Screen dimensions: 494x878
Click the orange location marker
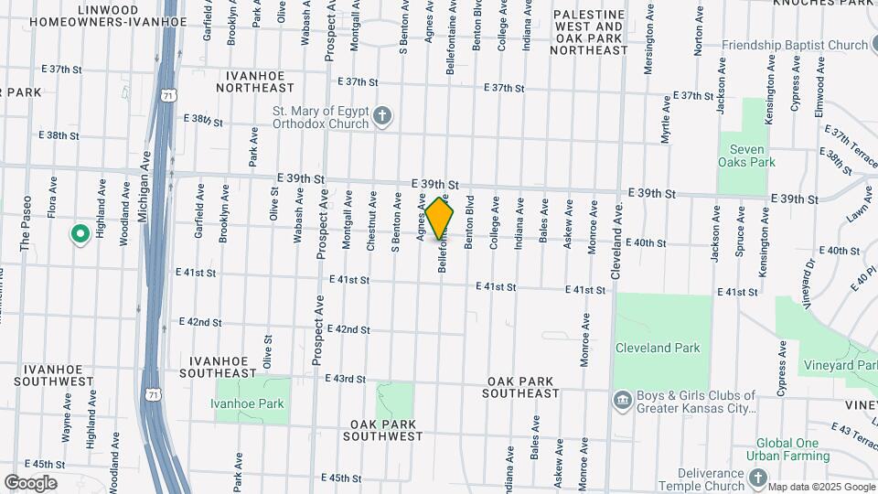coord(440,218)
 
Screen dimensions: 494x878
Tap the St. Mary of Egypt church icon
coord(383,115)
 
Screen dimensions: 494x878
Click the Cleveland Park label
coord(657,348)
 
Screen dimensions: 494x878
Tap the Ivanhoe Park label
coord(246,403)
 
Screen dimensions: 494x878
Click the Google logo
coord(30,483)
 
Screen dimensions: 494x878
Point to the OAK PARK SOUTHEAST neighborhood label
coord(523,387)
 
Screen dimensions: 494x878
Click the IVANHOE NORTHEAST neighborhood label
coord(255,81)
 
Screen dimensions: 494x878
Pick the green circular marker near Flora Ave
coord(80,234)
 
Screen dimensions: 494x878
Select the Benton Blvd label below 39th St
coord(469,222)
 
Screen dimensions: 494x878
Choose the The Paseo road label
coord(26,223)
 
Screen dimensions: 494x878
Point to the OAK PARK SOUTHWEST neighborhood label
coord(383,430)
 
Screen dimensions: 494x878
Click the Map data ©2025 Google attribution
coord(821,487)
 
